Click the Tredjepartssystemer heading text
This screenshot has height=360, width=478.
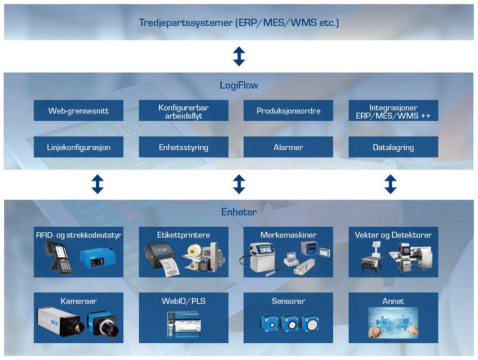tap(238, 23)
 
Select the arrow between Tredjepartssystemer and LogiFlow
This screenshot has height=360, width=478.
tap(239, 56)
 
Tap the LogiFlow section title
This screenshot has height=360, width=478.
tap(238, 85)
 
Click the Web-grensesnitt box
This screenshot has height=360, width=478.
tap(78, 110)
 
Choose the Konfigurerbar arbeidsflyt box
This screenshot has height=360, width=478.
tap(183, 110)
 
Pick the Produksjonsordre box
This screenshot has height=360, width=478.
tap(288, 110)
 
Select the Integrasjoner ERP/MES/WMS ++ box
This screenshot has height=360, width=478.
tap(393, 110)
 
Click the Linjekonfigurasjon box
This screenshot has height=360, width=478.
tap(78, 147)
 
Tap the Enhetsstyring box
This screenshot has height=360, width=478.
tap(183, 147)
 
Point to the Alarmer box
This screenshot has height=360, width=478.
tap(288, 147)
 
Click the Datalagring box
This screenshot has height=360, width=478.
tap(393, 147)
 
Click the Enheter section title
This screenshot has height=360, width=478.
tap(238, 212)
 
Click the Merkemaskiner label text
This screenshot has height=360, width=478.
tap(288, 235)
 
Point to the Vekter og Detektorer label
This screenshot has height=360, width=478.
tap(393, 235)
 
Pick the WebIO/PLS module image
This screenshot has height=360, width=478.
tap(183, 324)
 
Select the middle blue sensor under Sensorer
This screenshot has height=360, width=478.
tap(289, 323)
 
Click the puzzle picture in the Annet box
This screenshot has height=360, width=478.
tap(393, 323)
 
